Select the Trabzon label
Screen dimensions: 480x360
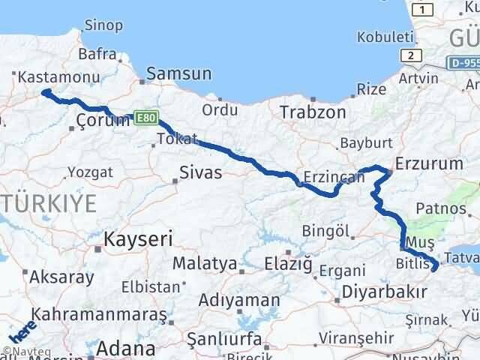[x=313, y=112]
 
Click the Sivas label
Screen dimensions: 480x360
[x=201, y=172]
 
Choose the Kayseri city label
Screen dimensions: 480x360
[x=139, y=239]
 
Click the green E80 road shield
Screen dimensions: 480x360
[x=145, y=117]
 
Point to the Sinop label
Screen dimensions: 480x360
[x=103, y=25]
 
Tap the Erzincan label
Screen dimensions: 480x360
[x=334, y=178]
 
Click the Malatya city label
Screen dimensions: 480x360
[x=205, y=264]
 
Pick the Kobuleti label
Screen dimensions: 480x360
[x=385, y=36]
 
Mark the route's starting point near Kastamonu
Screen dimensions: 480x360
[x=43, y=92]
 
